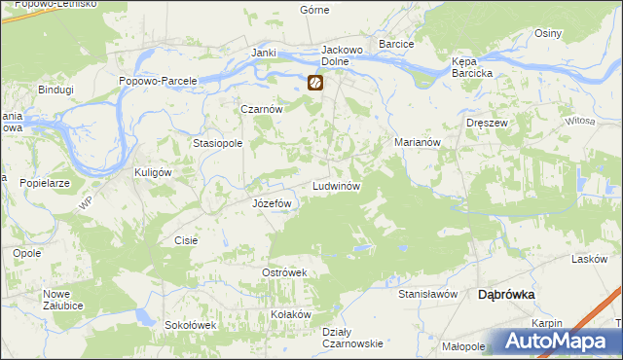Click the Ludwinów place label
[x=337, y=185]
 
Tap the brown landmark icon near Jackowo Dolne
[x=315, y=84]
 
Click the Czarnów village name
[x=261, y=110]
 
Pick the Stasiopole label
[x=217, y=142]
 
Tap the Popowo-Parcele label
[x=158, y=81]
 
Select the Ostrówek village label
[x=284, y=272]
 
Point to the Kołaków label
[x=290, y=314]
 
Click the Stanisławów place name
[x=427, y=293]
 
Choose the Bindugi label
[x=55, y=90]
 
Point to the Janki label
[x=264, y=53]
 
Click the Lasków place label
[x=590, y=259]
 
